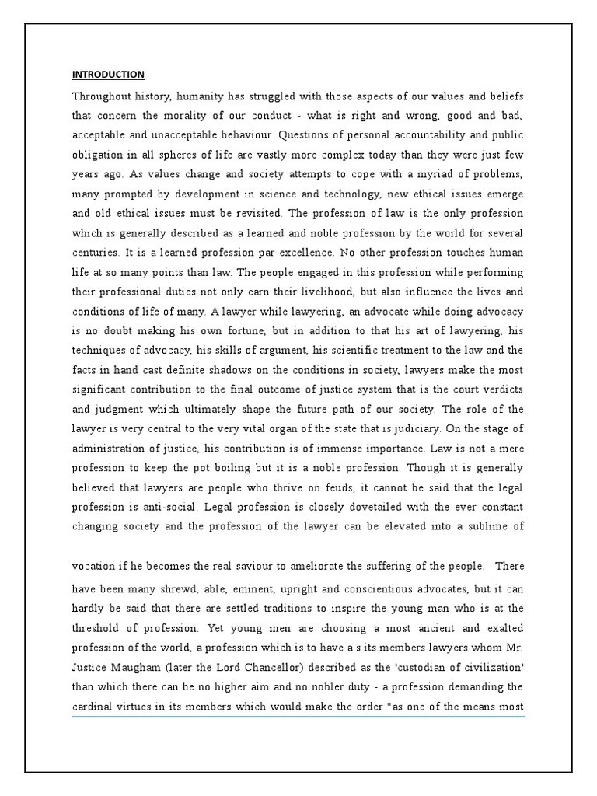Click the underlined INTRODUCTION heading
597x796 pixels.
tap(108, 75)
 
